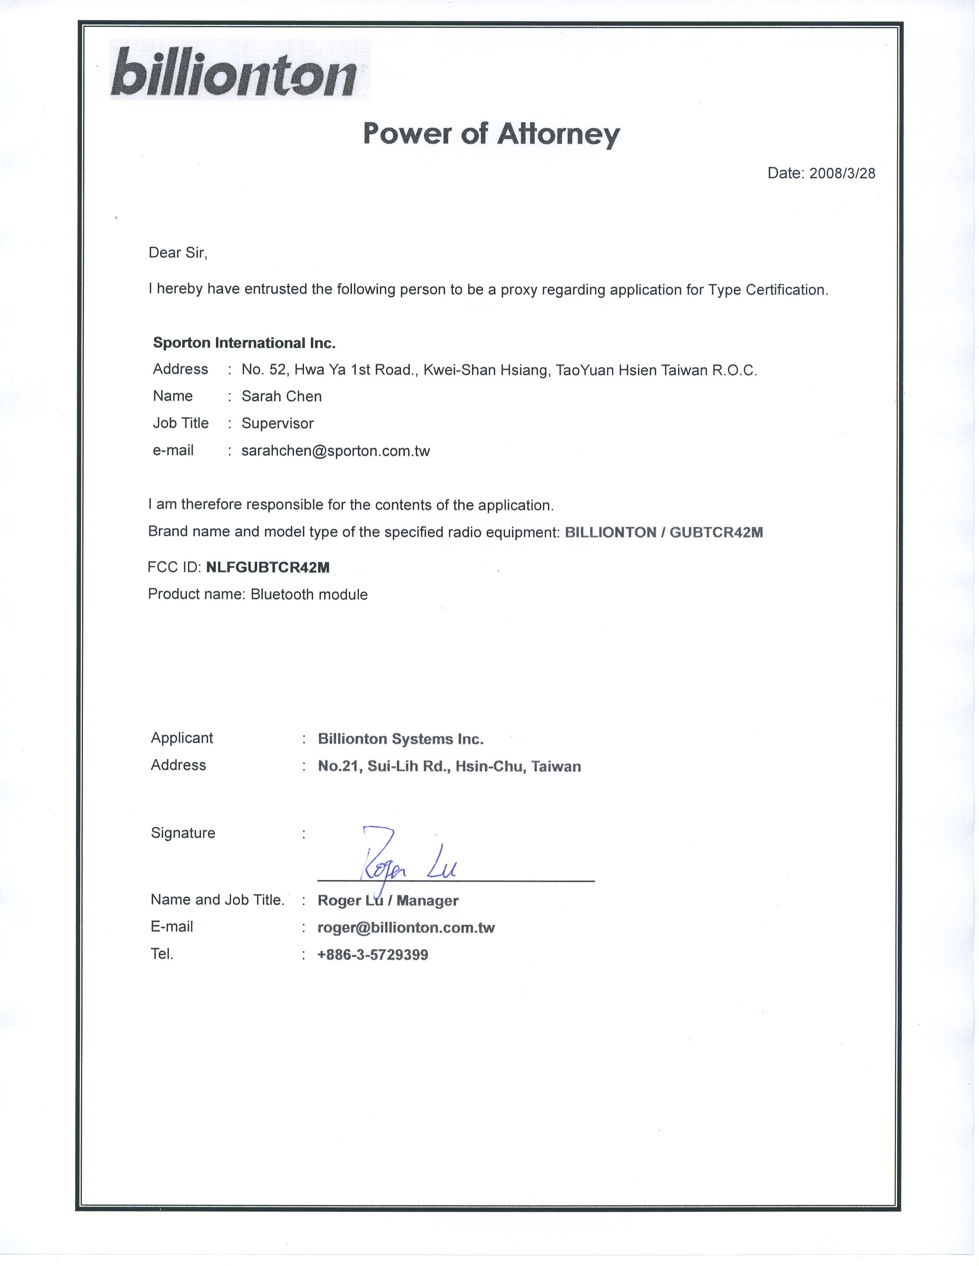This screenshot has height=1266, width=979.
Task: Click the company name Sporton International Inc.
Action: (244, 343)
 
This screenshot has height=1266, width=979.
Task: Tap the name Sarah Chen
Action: (281, 396)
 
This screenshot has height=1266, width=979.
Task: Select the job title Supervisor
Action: (277, 423)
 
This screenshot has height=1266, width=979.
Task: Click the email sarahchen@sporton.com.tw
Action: (335, 451)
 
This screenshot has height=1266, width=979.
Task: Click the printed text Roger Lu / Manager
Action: (388, 900)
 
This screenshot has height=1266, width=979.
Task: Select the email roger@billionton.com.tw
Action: (406, 928)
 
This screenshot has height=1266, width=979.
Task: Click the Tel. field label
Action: (162, 954)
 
